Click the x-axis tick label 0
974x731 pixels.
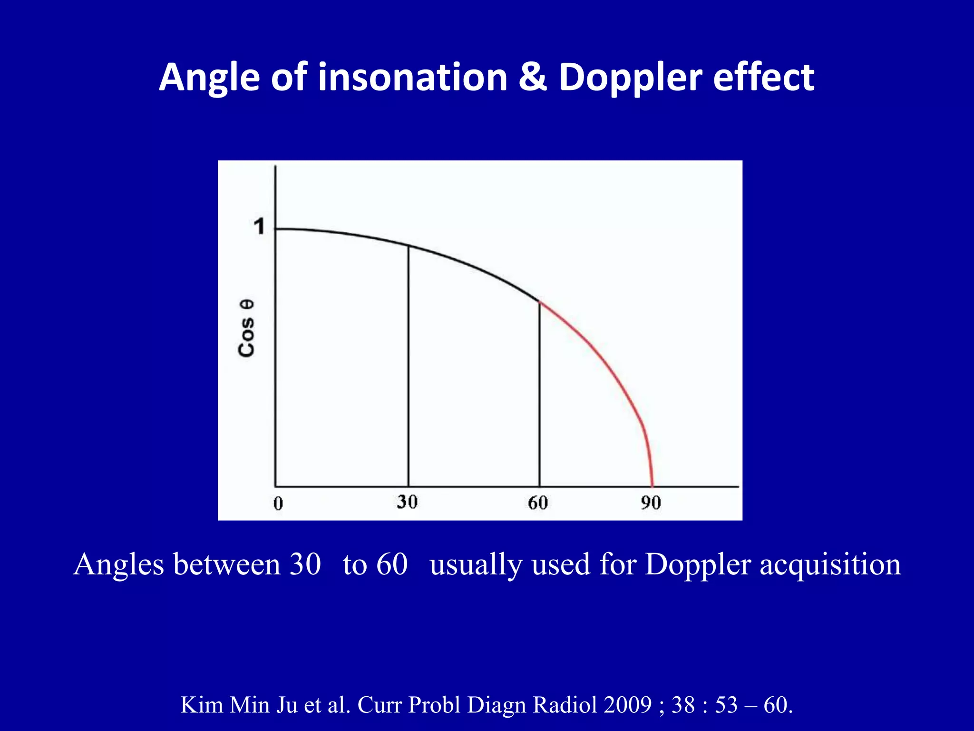point(278,504)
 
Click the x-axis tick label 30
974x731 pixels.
point(407,502)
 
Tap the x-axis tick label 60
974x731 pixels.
point(538,503)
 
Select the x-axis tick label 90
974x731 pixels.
point(651,503)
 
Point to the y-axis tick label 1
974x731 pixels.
point(259,227)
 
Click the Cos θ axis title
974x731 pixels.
point(246,328)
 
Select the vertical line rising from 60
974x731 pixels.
point(539,395)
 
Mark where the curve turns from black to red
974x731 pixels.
point(540,302)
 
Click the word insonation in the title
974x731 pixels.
point(412,77)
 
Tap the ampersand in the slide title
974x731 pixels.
point(533,77)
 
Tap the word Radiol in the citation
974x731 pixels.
point(565,705)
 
